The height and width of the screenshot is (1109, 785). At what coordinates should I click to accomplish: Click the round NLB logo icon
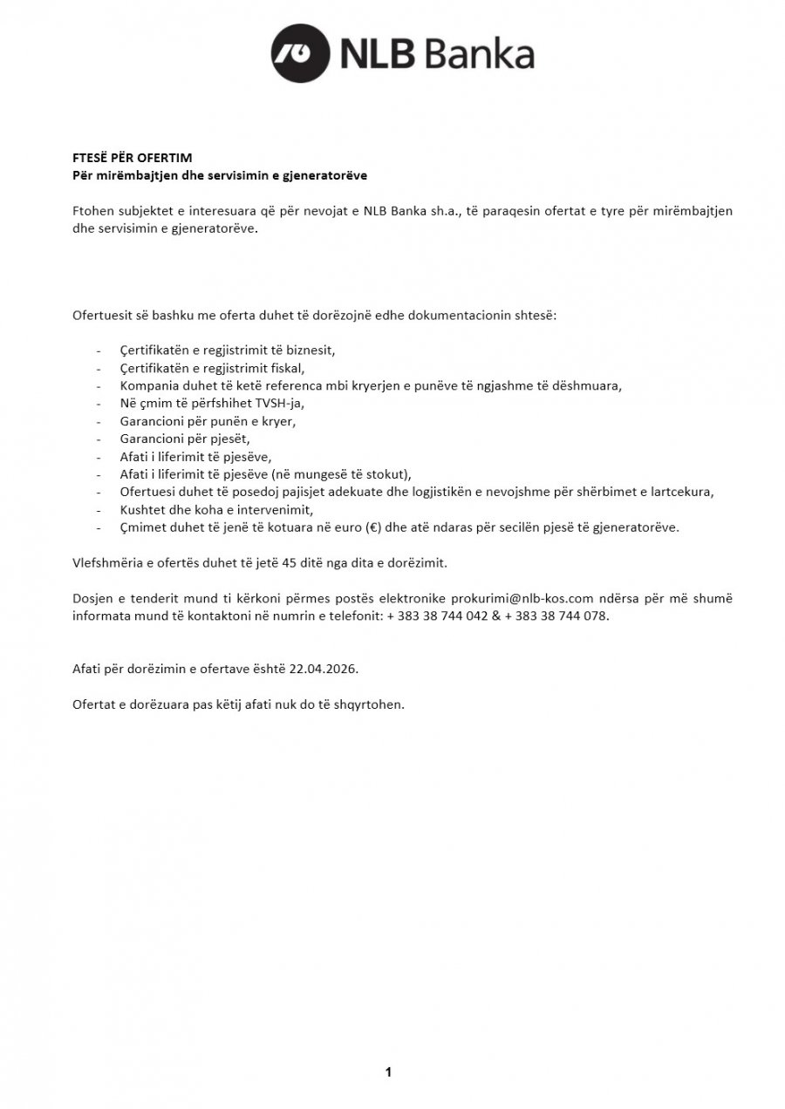pyautogui.click(x=300, y=53)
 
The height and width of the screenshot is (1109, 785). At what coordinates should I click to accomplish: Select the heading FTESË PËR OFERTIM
pyautogui.click(x=132, y=158)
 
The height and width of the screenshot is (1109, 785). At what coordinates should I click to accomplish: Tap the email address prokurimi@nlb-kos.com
pyautogui.click(x=522, y=598)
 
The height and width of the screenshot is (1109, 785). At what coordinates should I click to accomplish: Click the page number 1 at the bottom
pyautogui.click(x=388, y=1072)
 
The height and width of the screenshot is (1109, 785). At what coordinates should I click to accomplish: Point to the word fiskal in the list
pyautogui.click(x=281, y=367)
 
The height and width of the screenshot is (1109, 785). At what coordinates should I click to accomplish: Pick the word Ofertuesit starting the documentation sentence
pyautogui.click(x=102, y=314)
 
